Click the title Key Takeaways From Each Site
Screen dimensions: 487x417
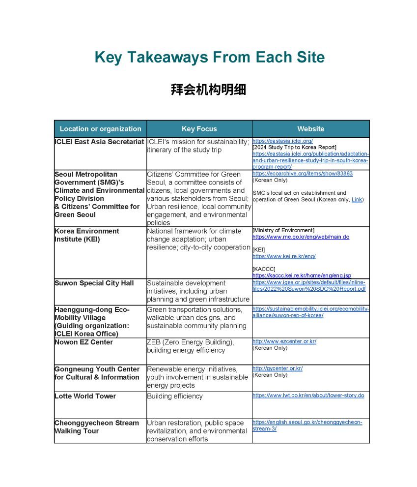pos(209,58)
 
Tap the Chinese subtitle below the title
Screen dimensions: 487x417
pos(208,90)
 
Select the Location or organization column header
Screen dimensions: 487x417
pos(100,129)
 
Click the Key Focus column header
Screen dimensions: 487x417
pos(199,129)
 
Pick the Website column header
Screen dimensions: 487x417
pos(310,129)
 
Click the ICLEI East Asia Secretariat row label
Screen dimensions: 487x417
pos(99,142)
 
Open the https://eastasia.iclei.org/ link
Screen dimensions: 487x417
pos(282,141)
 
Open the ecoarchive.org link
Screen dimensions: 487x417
pos(303,174)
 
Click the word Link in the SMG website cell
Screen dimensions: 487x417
pos(357,199)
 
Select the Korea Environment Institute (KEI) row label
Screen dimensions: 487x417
pos(86,235)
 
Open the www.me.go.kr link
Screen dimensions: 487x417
pos(301,237)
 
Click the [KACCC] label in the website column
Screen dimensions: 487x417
pos(264,269)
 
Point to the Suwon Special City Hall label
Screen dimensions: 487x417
pos(94,283)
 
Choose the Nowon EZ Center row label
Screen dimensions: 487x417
pos(83,342)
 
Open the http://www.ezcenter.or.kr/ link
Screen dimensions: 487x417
pos(284,341)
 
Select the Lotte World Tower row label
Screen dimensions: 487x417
pos(85,396)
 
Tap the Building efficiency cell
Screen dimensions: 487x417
pos(174,396)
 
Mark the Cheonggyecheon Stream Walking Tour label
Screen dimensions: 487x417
pos(96,427)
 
